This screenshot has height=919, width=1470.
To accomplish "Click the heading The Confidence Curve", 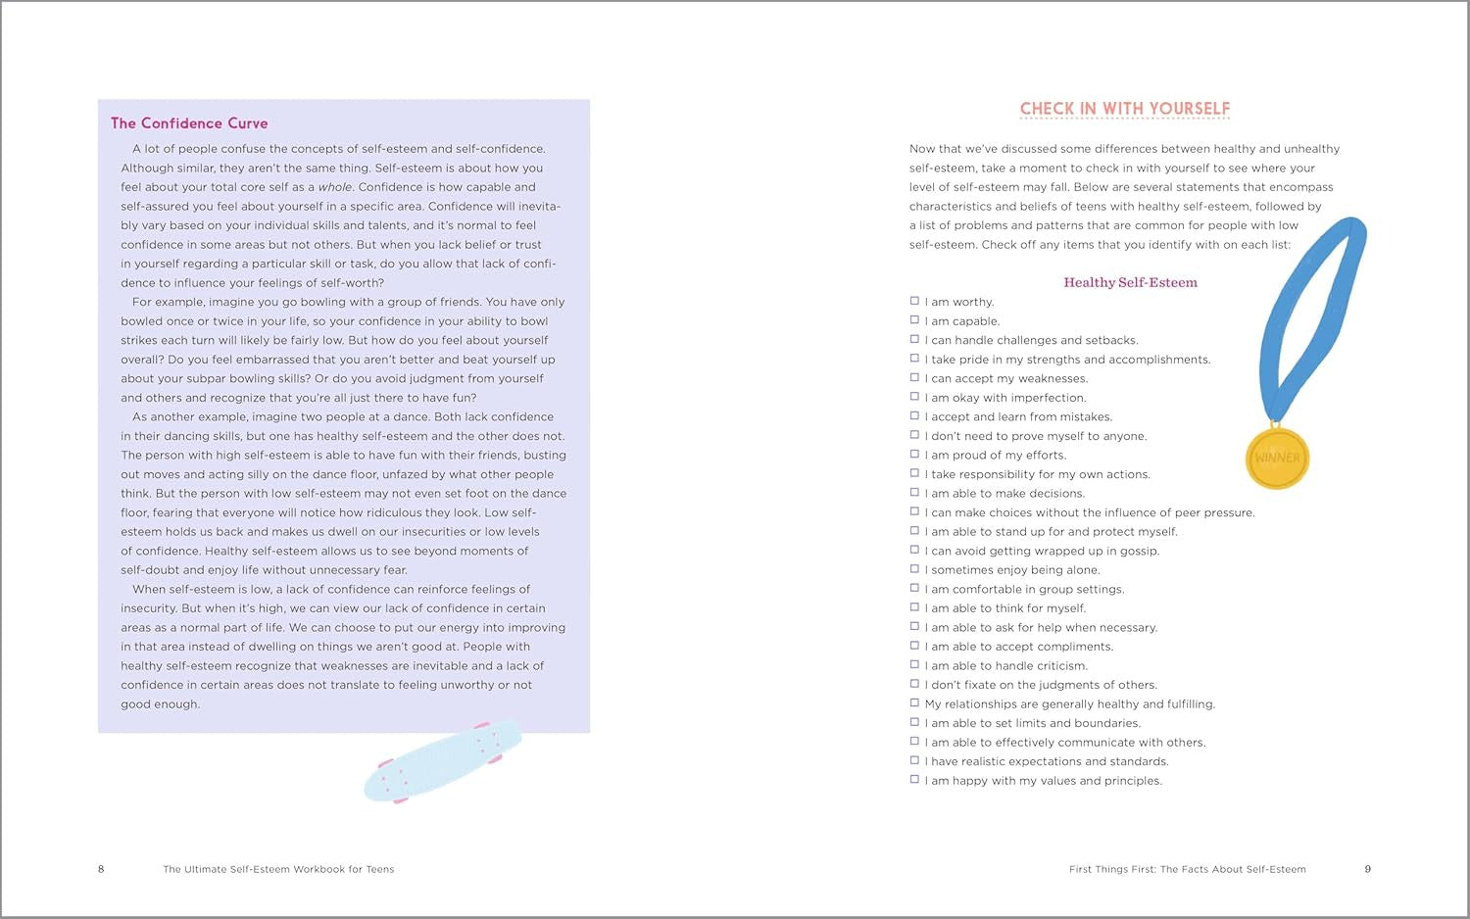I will click(x=189, y=123).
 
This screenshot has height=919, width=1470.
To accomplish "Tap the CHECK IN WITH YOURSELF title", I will click(x=1124, y=109).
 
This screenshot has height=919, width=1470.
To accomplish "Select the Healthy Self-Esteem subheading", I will click(x=1130, y=282).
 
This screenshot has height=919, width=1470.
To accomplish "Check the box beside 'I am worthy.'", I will click(x=914, y=302).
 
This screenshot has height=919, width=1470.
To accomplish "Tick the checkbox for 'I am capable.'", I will click(x=914, y=320).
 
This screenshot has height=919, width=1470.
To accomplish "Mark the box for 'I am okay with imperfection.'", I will click(x=914, y=397).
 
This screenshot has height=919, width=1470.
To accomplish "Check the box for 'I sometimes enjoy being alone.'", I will click(x=914, y=569).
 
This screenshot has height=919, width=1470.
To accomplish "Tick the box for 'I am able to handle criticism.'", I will click(x=914, y=665).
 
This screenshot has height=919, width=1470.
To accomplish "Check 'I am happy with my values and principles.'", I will click(x=914, y=780).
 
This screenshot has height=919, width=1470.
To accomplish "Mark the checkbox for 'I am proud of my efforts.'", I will click(x=914, y=455).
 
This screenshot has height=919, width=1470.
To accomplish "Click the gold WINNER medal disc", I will click(x=1277, y=458).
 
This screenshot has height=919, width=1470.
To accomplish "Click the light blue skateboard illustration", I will click(x=443, y=761).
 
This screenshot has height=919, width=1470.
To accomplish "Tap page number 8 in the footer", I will click(x=101, y=869).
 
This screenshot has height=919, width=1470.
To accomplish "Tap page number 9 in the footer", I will click(x=1367, y=869).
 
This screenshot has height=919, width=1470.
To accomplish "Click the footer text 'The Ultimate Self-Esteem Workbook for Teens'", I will click(x=278, y=869).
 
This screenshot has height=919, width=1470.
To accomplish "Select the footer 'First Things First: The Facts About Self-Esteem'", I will click(x=1187, y=869).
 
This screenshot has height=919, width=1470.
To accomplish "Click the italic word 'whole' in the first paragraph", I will click(x=334, y=187).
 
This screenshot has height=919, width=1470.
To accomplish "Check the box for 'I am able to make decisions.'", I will click(x=914, y=493).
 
